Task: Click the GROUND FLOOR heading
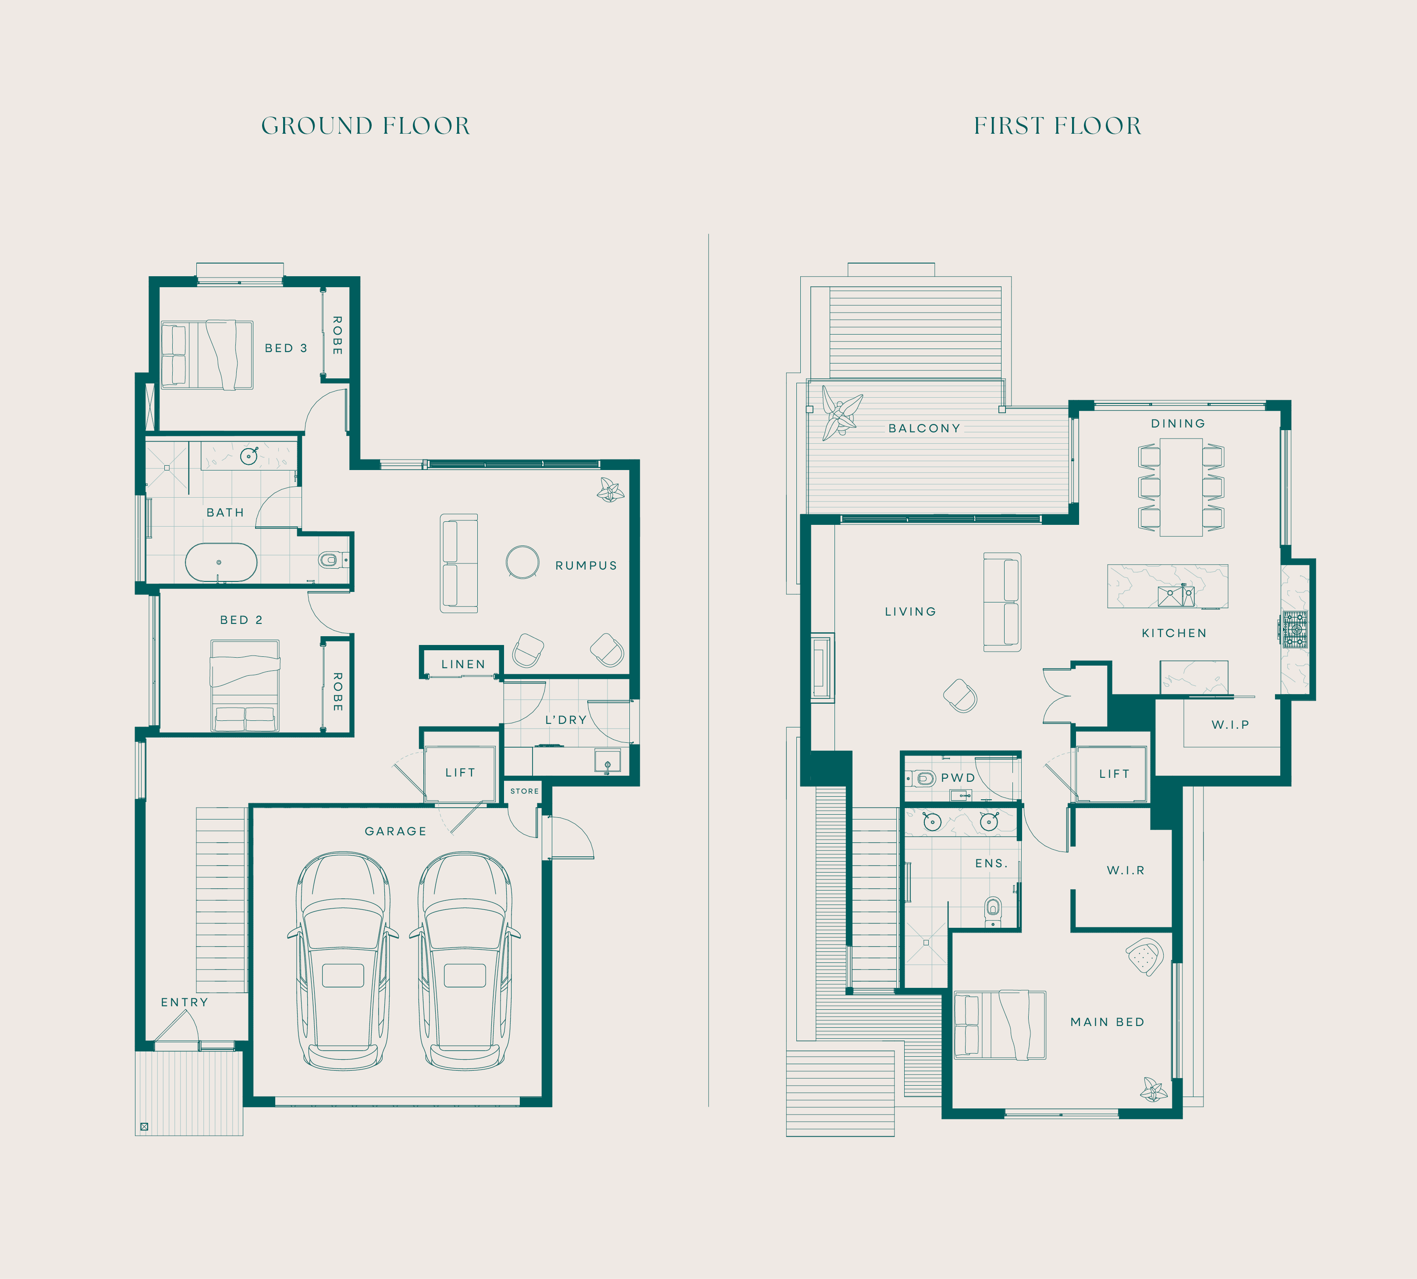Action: tap(365, 126)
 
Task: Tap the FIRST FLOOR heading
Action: tap(1057, 126)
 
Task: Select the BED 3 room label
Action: tap(286, 348)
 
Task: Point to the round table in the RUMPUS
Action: tap(523, 562)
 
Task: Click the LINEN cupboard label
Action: tap(463, 664)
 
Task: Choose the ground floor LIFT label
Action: tap(460, 772)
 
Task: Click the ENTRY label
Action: tap(184, 1002)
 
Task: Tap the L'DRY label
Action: tap(565, 720)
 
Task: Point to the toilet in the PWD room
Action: tap(921, 778)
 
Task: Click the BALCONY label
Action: tap(924, 428)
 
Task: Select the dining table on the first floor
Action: tap(1181, 487)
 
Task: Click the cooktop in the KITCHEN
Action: tap(1294, 629)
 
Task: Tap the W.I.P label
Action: tap(1230, 724)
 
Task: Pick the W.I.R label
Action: tap(1126, 870)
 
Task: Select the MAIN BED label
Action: tap(1107, 1022)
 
